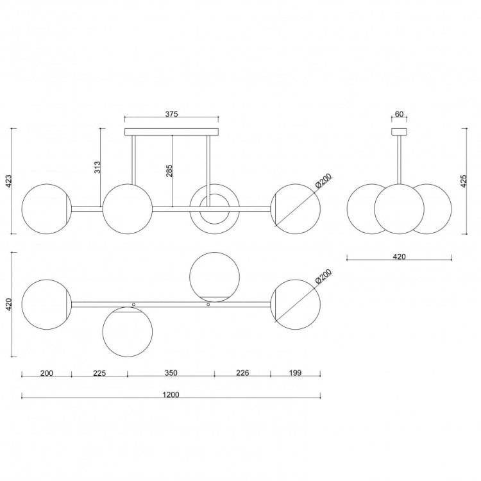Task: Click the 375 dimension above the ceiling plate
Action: coord(171,114)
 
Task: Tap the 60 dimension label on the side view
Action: coord(399,114)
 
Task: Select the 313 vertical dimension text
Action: coord(97,167)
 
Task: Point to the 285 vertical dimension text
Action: coord(169,171)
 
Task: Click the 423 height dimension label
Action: coord(8,181)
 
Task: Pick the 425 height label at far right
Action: coord(464,181)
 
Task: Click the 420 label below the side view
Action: coord(399,257)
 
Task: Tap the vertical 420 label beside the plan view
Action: coord(8,304)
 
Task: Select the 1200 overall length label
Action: coord(171,394)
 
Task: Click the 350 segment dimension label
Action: coord(171,373)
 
